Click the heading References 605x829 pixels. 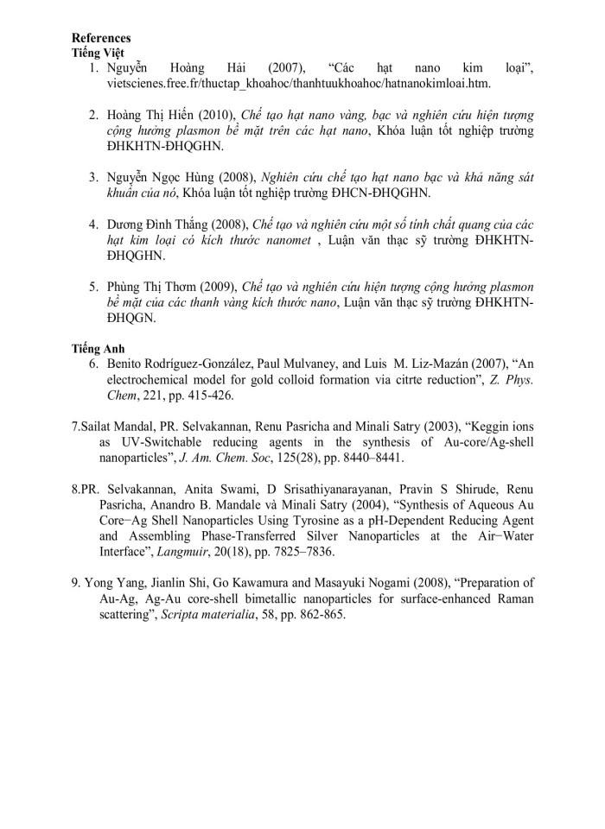(x=101, y=38)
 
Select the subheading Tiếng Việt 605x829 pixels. (x=99, y=53)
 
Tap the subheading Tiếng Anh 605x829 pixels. (x=98, y=348)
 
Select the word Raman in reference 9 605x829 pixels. (x=515, y=598)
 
